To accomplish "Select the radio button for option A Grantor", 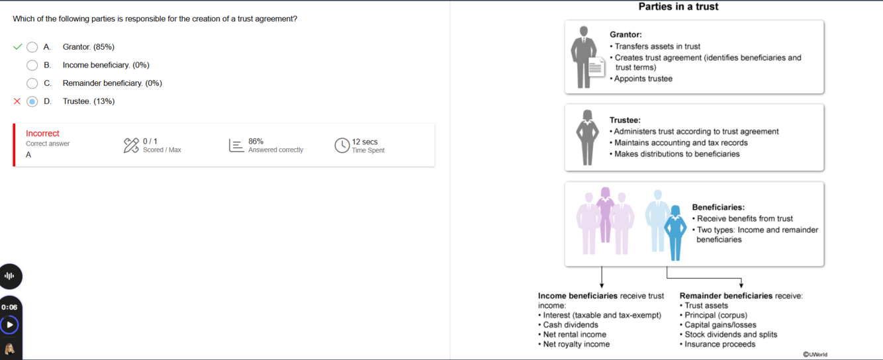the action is tap(32, 47).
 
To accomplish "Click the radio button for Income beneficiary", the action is tap(32, 65).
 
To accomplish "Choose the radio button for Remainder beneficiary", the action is tap(32, 83).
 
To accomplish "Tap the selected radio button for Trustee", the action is tap(32, 101).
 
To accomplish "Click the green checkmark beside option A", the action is tap(17, 47).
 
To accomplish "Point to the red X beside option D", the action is tap(17, 101).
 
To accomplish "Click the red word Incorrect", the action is tap(42, 134).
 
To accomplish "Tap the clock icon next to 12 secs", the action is tap(342, 145).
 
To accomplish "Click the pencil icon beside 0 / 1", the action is tap(131, 145).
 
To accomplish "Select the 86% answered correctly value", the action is tap(256, 141).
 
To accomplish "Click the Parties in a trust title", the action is tap(678, 7).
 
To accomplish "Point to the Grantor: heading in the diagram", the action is tap(626, 34).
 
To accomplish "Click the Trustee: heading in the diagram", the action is tap(625, 120).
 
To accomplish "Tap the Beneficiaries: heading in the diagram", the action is tap(718, 207).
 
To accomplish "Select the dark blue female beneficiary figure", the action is tap(675, 232).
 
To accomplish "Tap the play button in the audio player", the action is tap(9, 325).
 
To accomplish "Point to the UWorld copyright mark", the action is tap(815, 355).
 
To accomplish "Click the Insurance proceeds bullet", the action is tap(720, 344).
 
